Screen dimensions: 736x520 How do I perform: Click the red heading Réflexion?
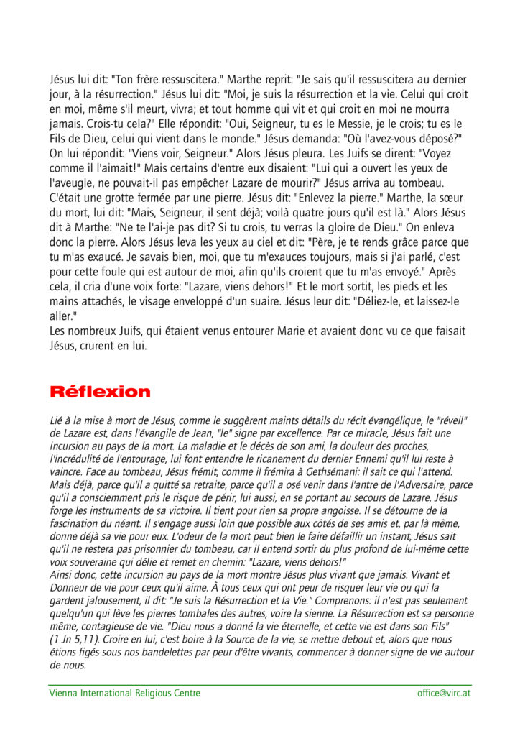pos(100,392)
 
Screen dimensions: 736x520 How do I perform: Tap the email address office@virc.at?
pos(444,693)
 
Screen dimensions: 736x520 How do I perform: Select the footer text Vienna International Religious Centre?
pos(125,693)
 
